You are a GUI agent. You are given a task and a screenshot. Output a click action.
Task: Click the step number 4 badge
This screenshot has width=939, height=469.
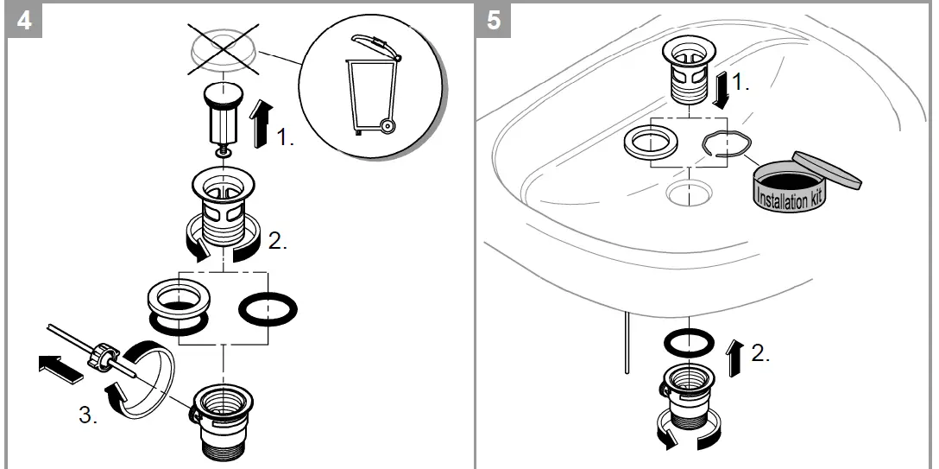click(25, 20)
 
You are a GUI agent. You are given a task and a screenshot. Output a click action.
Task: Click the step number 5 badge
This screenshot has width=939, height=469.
click(494, 20)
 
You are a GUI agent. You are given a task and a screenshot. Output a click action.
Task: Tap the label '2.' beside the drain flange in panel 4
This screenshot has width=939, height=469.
click(277, 242)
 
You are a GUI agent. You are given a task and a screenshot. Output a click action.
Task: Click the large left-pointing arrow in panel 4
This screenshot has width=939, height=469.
click(56, 367)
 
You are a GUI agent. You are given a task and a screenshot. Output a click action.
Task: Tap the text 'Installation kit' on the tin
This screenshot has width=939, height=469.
click(788, 193)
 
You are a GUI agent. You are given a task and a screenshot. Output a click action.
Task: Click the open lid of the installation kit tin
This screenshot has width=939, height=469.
click(827, 168)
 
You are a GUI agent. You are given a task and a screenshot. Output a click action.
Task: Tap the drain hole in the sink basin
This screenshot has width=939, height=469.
click(688, 193)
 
